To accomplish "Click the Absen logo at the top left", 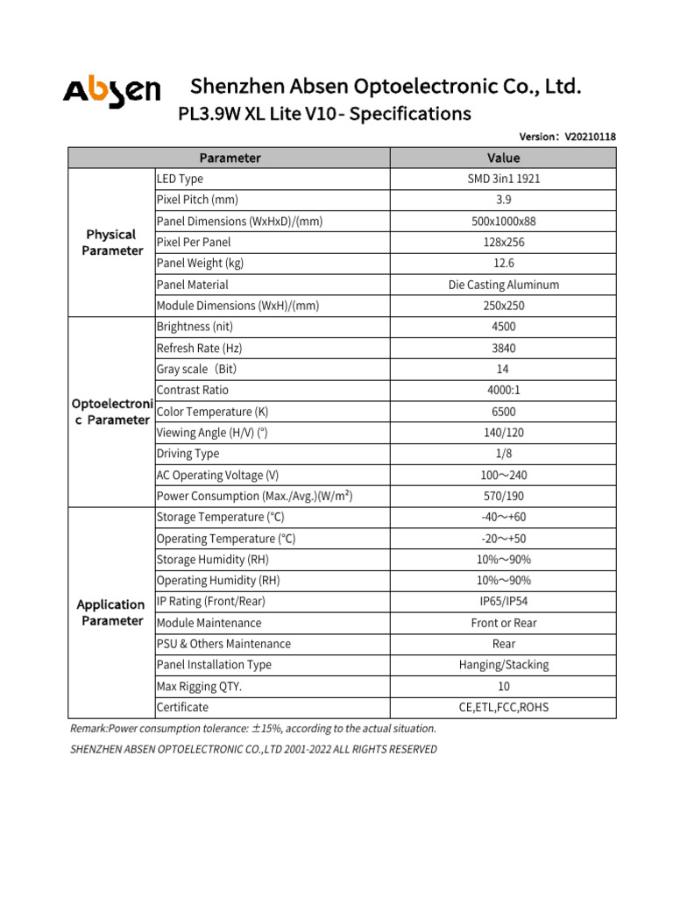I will [111, 90].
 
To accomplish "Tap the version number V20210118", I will [591, 137].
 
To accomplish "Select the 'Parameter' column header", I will [230, 158].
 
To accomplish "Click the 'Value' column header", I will [503, 158].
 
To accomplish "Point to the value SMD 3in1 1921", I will [503, 179].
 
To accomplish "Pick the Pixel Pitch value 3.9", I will [503, 200].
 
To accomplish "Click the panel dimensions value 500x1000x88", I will [503, 222].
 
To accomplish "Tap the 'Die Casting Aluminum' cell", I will [503, 285].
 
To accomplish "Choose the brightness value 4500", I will [503, 327].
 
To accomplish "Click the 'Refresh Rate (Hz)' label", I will [200, 348].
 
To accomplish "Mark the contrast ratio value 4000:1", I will [503, 391].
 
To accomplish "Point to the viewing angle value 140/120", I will [503, 433].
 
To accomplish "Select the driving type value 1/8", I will [503, 454].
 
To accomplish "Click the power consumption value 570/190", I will [503, 496].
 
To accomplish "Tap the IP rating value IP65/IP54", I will [503, 602].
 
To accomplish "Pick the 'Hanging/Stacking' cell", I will [503, 665].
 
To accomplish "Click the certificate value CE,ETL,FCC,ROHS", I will [503, 707].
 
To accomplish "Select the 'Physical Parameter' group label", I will [111, 243].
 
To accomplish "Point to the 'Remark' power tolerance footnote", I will [252, 729].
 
